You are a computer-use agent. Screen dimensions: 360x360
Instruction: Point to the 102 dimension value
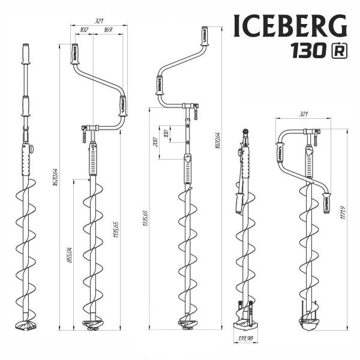pyautogui.click(x=83, y=30)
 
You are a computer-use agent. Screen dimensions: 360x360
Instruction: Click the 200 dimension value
pyautogui.click(x=156, y=142)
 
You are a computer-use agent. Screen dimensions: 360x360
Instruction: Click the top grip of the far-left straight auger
pyautogui.click(x=25, y=55)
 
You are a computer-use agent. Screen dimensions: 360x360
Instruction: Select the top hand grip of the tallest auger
pyautogui.click(x=204, y=36)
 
